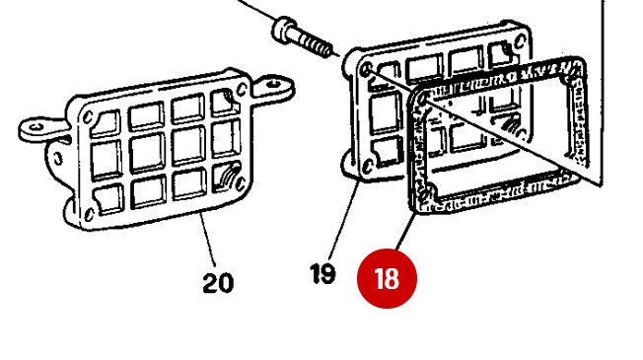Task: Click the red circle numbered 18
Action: click(x=388, y=278)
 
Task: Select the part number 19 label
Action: click(x=322, y=274)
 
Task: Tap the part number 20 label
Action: click(x=218, y=283)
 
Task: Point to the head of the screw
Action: click(x=284, y=29)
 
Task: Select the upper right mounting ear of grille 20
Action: click(x=273, y=87)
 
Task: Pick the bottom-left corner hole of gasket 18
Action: click(x=431, y=192)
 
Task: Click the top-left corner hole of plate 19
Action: click(x=366, y=69)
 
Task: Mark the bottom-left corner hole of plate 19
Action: click(x=368, y=167)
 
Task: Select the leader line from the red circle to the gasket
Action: click(x=406, y=232)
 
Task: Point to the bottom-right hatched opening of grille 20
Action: click(x=227, y=178)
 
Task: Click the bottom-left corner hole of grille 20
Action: click(x=89, y=214)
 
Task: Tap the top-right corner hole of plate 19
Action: click(x=520, y=41)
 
